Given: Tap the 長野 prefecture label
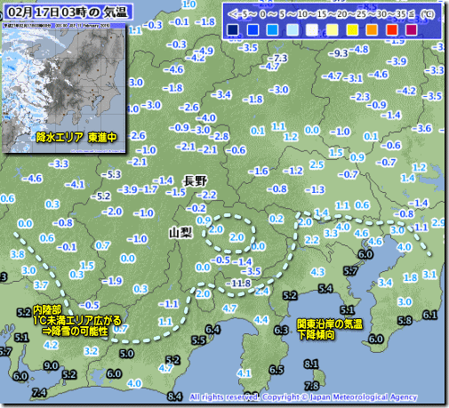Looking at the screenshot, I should pyautogui.click(x=195, y=180).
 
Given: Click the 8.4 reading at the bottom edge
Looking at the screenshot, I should pyautogui.click(x=174, y=396).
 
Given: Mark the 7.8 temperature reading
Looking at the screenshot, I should pyautogui.click(x=310, y=384).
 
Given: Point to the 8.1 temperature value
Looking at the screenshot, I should pyautogui.click(x=310, y=364).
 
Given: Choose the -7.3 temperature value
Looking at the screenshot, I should pyautogui.click(x=279, y=58).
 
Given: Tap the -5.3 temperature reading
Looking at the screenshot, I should pyautogui.click(x=113, y=173).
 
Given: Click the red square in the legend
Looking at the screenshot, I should pyautogui.click(x=393, y=30).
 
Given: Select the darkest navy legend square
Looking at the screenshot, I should pyautogui.click(x=233, y=30).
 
